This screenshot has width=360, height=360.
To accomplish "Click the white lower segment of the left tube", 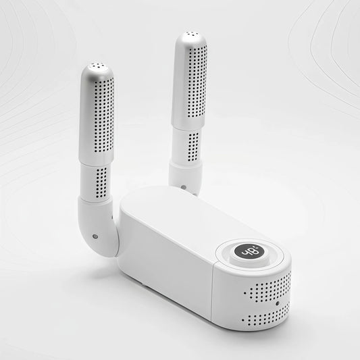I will click(x=95, y=180).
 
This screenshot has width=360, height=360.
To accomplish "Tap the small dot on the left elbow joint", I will click(x=95, y=237).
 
